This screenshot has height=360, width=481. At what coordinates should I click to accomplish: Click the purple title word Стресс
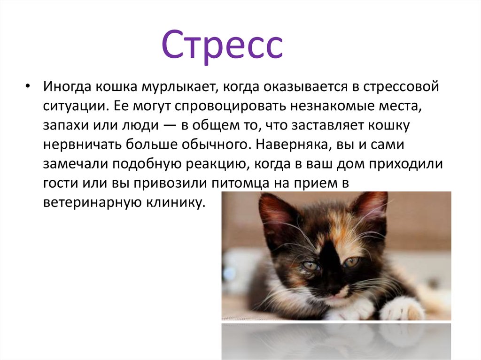[x=223, y=46]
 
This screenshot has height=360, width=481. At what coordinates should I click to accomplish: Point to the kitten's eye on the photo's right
[x=351, y=262]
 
